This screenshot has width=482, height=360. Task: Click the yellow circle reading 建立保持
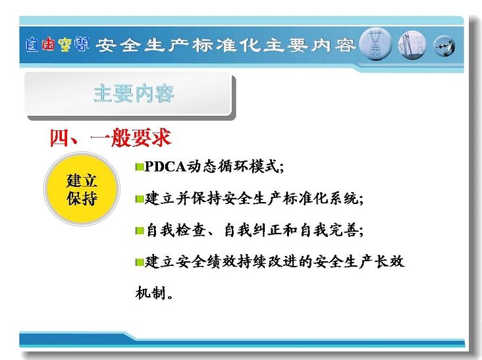coord(82,189)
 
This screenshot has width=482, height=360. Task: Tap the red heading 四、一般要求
coord(111,138)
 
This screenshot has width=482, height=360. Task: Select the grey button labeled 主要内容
coord(130,95)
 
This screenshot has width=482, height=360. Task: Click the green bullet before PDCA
coord(140,167)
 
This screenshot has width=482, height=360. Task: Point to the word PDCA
coord(165,167)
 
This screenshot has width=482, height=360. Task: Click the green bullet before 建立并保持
coord(140,199)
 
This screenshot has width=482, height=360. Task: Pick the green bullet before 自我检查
coord(140,231)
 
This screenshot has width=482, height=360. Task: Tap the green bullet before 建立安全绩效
coord(140,263)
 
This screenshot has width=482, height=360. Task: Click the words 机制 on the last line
coord(151,293)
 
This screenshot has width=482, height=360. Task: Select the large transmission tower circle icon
coord(375,45)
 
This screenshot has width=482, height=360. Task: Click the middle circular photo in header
coord(412,45)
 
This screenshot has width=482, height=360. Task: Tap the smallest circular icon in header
coord(444,46)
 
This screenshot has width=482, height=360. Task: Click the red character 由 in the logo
coord(49,44)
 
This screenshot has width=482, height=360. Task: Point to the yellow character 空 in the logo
coord(65,45)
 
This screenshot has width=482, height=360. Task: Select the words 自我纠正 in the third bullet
coord(254,230)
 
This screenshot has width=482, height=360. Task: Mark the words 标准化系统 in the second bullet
coord(321,199)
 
